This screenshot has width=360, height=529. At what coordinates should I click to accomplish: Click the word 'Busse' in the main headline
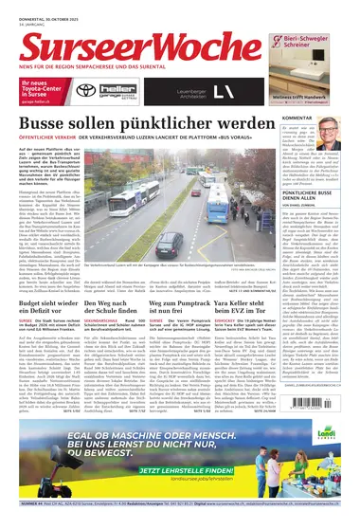[x=46, y=127]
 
